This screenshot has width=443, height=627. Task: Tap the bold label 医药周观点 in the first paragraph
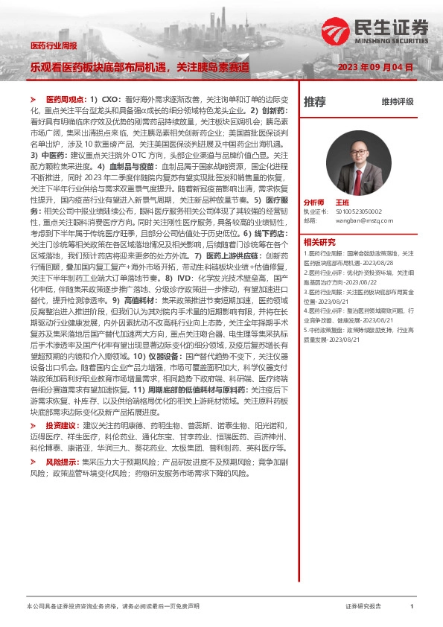[x=63, y=98]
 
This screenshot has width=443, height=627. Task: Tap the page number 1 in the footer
[x=412, y=607]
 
